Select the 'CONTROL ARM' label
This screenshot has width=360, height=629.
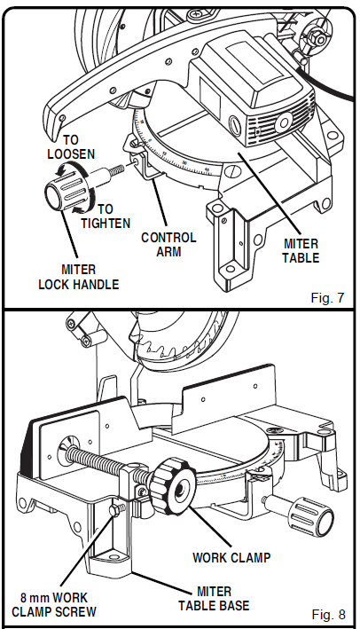click(168, 245)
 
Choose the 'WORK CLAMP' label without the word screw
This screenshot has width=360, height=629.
click(231, 558)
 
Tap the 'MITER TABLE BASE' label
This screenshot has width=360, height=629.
click(213, 599)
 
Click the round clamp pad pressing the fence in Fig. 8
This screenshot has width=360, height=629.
click(67, 450)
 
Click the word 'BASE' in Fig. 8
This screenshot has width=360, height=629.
click(232, 605)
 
